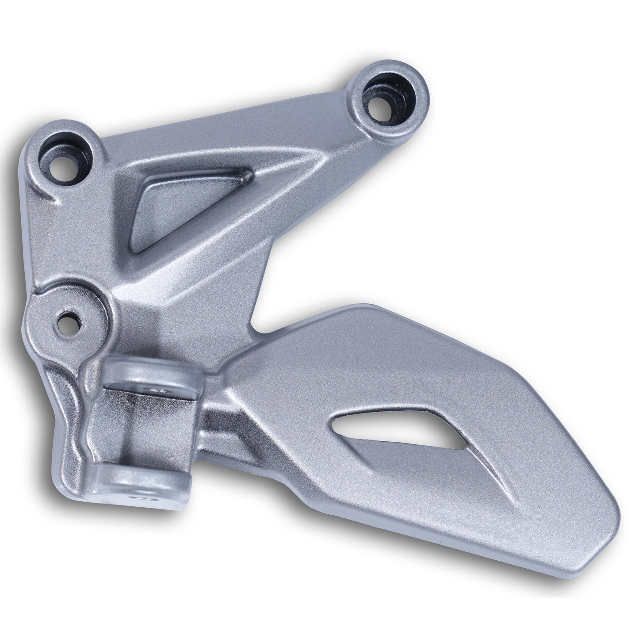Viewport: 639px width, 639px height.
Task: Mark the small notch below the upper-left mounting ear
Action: tap(55, 199)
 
